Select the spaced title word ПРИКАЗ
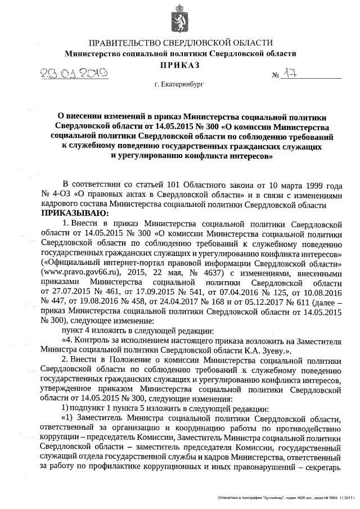pyautogui.click(x=181, y=66)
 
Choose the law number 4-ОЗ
pyautogui.click(x=61, y=194)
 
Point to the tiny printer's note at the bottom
pyautogui.click(x=289, y=498)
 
